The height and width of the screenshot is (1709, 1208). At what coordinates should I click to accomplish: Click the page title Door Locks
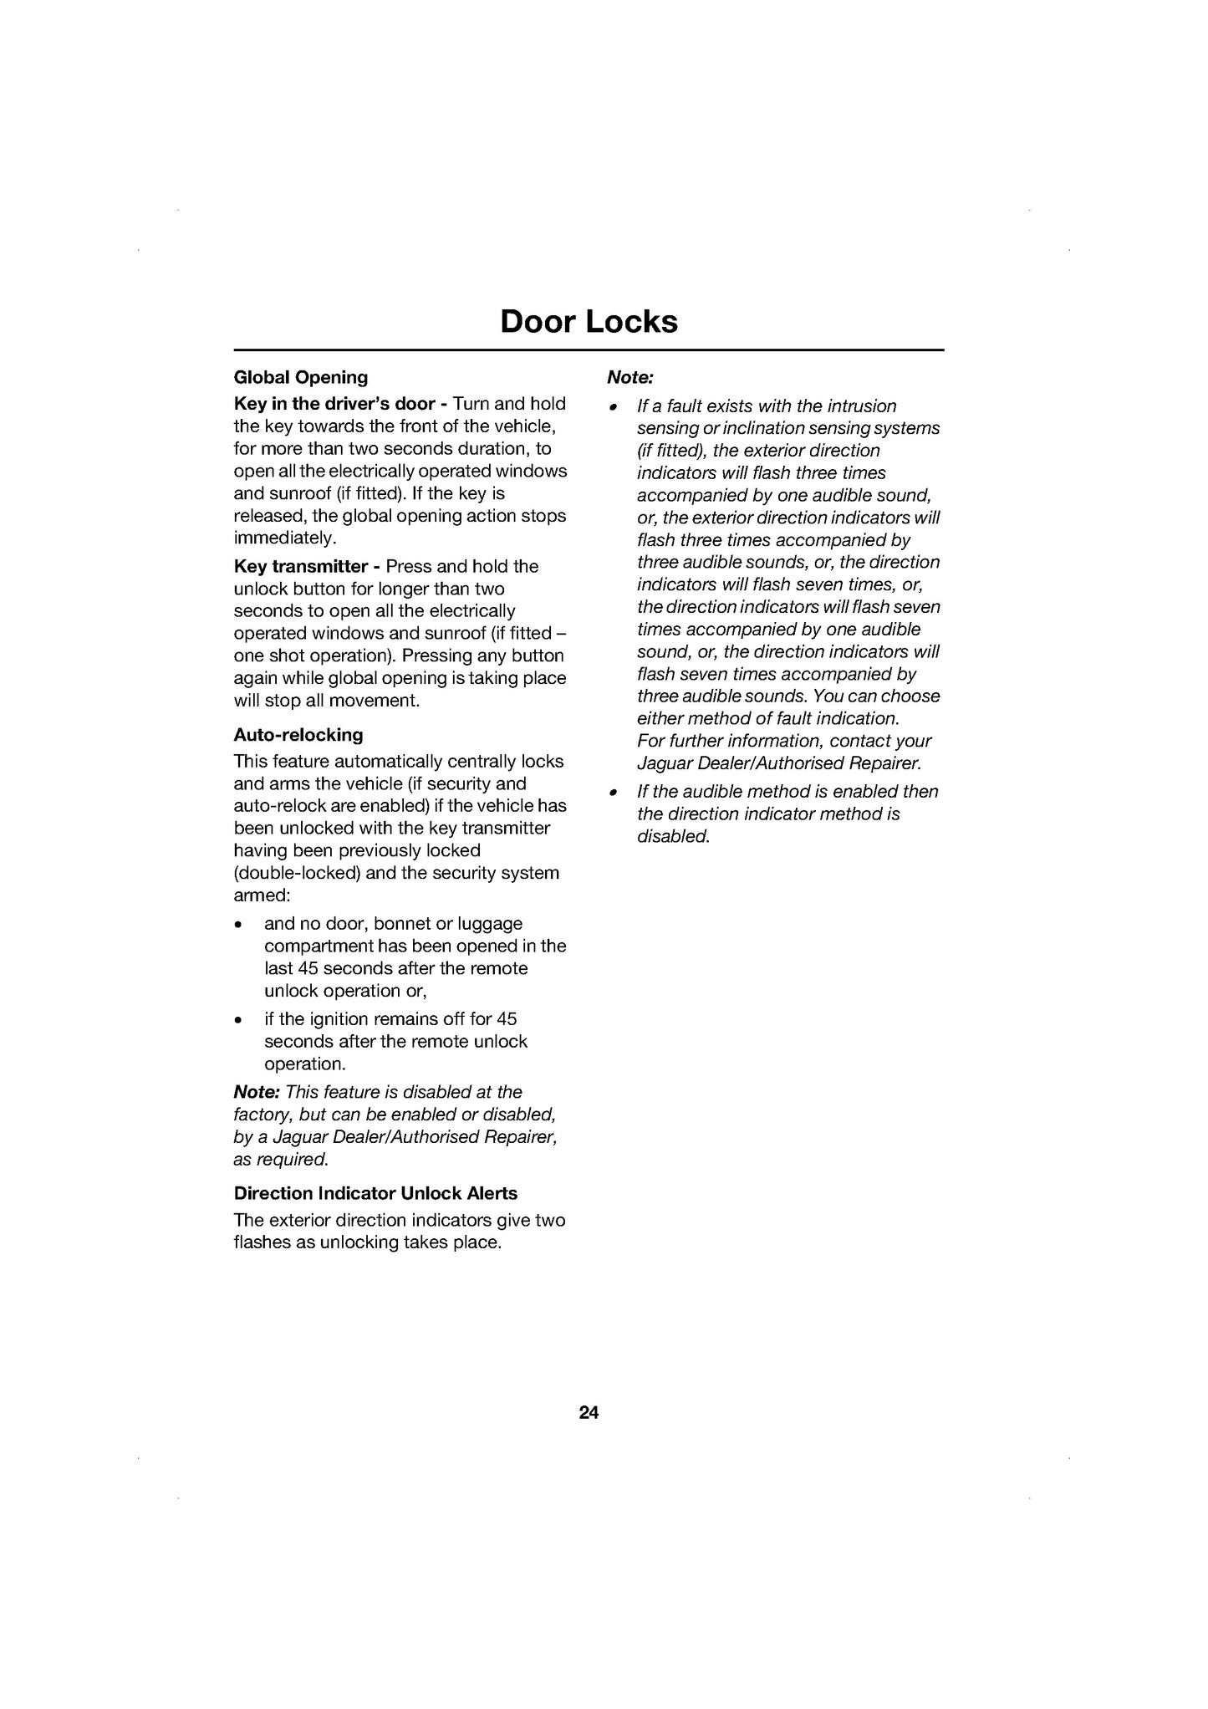tap(589, 322)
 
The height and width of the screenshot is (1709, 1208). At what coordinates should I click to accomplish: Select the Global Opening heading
tap(301, 378)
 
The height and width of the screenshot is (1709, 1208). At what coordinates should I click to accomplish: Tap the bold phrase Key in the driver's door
tap(334, 404)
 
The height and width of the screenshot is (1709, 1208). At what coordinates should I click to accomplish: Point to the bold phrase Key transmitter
tap(301, 567)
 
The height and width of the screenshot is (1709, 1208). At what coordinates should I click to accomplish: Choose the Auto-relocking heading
tap(298, 736)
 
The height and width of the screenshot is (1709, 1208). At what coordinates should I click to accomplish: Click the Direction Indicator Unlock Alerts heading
tap(375, 1194)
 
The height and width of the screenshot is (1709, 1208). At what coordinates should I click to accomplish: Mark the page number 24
tap(589, 1413)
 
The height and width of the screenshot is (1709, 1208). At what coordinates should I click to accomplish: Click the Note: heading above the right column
tap(630, 378)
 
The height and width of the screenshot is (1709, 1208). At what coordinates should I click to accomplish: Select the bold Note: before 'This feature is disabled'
tap(257, 1093)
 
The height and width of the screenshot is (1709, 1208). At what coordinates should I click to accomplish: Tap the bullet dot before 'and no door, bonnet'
tap(239, 926)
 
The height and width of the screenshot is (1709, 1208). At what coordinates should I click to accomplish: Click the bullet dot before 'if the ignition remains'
tap(239, 1021)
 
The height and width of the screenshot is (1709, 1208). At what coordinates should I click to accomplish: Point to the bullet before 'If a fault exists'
tap(613, 408)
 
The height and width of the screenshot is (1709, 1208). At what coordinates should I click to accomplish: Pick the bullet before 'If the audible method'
tap(613, 793)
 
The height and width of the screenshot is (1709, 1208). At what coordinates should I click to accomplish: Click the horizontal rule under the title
tap(589, 350)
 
